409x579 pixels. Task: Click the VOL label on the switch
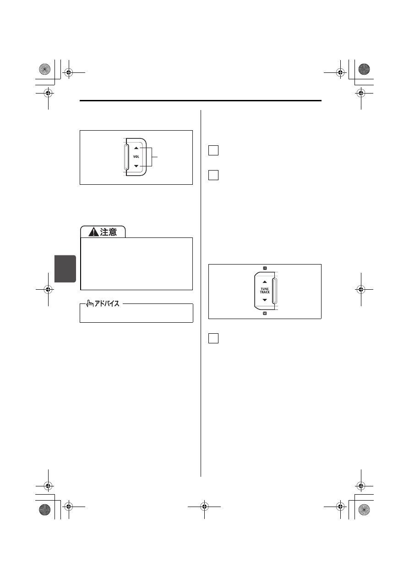[x=136, y=157]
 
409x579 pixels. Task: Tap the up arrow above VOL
[x=136, y=148]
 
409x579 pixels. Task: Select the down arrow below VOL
[x=136, y=166]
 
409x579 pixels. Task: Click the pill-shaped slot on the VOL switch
[x=126, y=157]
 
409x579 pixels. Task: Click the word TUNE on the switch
[x=265, y=289]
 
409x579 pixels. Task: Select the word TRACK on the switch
[x=265, y=292]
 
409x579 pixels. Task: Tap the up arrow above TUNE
[x=265, y=282]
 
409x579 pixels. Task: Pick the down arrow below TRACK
[x=265, y=300]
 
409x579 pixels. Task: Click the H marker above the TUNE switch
[x=265, y=268]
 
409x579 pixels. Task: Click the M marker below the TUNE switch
[x=265, y=314]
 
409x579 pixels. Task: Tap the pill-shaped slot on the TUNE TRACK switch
[x=275, y=291]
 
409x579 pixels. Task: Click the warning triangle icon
[x=93, y=232]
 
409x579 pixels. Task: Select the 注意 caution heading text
[x=109, y=232]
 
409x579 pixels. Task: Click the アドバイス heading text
[x=107, y=303]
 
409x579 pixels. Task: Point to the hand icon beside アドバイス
[x=90, y=303]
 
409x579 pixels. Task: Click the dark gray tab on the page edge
[x=65, y=269]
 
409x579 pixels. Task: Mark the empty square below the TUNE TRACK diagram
[x=213, y=338]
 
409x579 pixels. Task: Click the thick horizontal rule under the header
[x=201, y=100]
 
